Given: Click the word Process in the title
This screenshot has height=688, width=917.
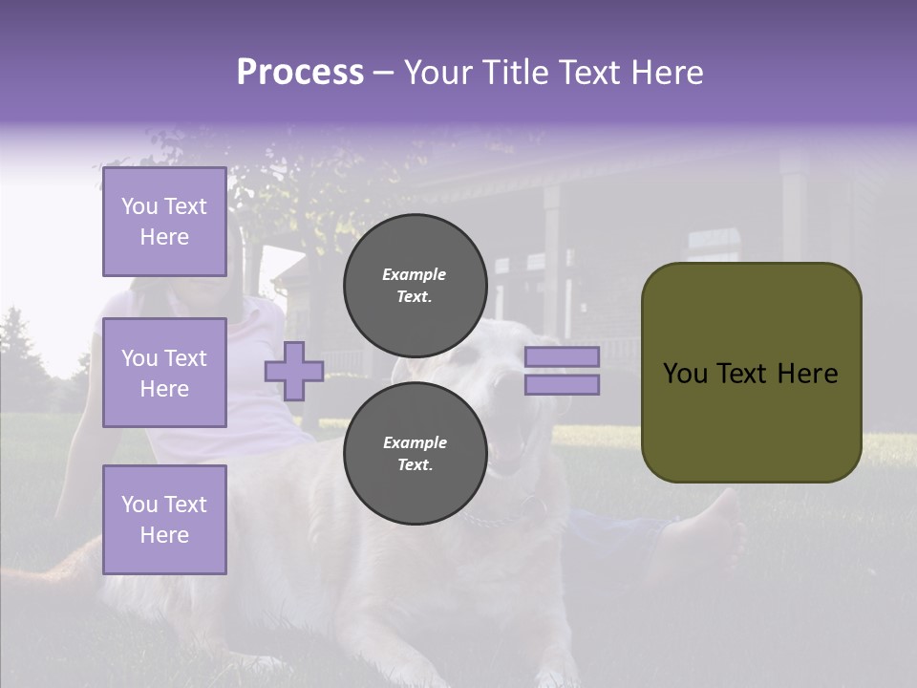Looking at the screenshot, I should pyautogui.click(x=300, y=73).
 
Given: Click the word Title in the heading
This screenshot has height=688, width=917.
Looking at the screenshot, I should pyautogui.click(x=512, y=73).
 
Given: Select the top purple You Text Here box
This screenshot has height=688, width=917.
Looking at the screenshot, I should pyautogui.click(x=164, y=222).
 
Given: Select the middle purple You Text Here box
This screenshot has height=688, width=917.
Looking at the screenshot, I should pyautogui.click(x=164, y=373).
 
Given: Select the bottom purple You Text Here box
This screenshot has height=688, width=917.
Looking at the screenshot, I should pyautogui.click(x=164, y=519).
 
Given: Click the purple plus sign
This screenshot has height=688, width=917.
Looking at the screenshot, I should pyautogui.click(x=294, y=371).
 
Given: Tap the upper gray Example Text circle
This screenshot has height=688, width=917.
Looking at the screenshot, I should pyautogui.click(x=415, y=285).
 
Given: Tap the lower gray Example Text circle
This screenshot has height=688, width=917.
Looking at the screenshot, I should pyautogui.click(x=415, y=453).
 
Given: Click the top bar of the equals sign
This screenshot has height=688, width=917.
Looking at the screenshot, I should pyautogui.click(x=563, y=356).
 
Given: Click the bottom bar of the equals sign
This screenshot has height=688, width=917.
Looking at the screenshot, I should pyautogui.click(x=563, y=384).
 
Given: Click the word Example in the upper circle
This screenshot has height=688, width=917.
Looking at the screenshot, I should pyautogui.click(x=415, y=274).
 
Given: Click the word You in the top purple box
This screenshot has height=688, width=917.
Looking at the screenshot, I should pyautogui.click(x=139, y=206).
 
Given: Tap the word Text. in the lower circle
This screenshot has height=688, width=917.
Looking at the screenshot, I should pyautogui.click(x=415, y=464).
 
